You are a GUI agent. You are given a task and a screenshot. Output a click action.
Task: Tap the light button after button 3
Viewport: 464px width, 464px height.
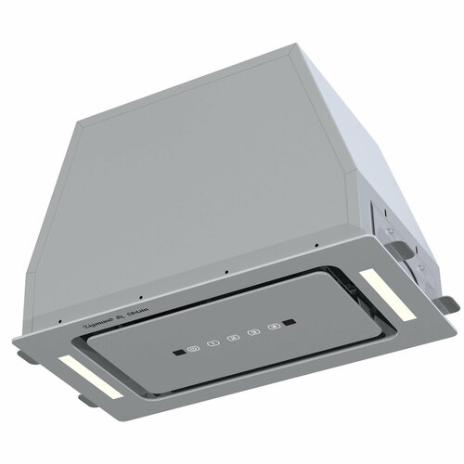click(273, 328)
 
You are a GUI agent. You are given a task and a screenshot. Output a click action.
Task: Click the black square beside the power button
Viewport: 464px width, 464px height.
click(174, 353)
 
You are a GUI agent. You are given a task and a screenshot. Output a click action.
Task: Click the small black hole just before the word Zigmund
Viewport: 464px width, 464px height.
click(60, 323)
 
